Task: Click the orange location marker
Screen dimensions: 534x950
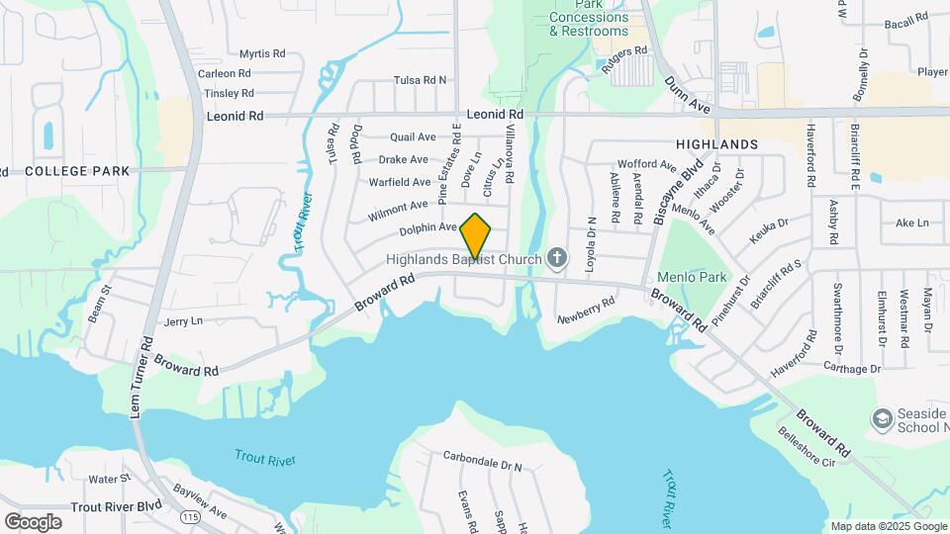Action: pos(476,235)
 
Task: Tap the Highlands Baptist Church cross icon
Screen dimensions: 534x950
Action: pos(557,259)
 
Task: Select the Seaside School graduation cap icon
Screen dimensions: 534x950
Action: pos(881,419)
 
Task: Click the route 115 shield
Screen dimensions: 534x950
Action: pos(191,517)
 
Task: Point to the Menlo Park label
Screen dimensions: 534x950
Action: pos(699,278)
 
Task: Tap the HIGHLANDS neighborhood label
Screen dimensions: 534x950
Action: pos(716,144)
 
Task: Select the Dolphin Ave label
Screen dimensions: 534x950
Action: pos(427,228)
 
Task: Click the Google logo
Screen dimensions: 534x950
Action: pos(33,521)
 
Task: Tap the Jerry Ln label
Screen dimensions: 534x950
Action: pos(183,321)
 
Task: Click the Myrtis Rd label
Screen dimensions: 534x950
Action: pos(262,53)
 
